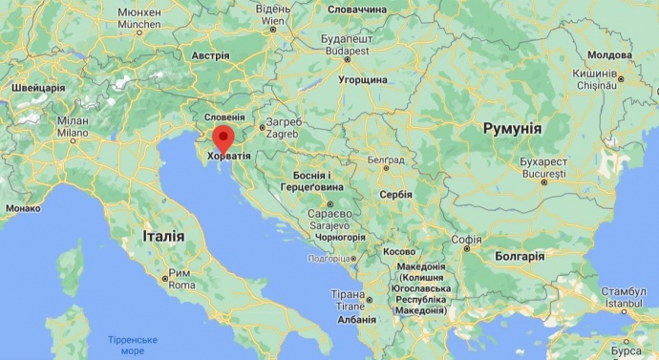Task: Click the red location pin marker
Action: coord(223,139)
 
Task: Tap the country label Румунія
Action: coord(512,128)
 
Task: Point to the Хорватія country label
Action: coord(229,156)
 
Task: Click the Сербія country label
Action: coord(394,194)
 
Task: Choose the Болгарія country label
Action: coord(520,256)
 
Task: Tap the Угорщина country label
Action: coord(362,80)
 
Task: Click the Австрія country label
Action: coord(210,55)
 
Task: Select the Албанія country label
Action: coord(356,320)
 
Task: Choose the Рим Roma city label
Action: coord(181,279)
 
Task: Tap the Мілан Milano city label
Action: coord(73,128)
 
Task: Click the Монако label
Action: coord(22,207)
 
